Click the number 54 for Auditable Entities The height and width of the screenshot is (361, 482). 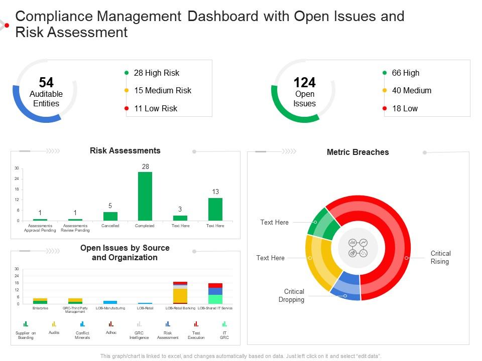click(46, 82)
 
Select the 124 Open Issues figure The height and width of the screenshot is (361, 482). click(304, 82)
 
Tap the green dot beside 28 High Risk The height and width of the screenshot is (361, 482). click(127, 73)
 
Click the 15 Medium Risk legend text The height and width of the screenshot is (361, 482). click(163, 90)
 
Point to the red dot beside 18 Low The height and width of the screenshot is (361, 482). click(385, 108)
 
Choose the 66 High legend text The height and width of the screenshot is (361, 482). click(405, 73)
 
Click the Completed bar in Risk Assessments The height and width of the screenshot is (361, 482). click(145, 196)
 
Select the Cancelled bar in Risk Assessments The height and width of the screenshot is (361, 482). click(110, 216)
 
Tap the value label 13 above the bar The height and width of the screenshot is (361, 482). click(215, 192)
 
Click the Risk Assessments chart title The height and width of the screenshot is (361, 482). click(125, 150)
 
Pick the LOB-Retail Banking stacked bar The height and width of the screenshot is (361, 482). click(180, 293)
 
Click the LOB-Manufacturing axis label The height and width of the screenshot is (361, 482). click(110, 308)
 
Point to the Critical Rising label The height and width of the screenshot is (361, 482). click(440, 257)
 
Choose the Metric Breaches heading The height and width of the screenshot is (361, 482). click(357, 152)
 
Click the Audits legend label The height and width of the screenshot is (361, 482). click(54, 332)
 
